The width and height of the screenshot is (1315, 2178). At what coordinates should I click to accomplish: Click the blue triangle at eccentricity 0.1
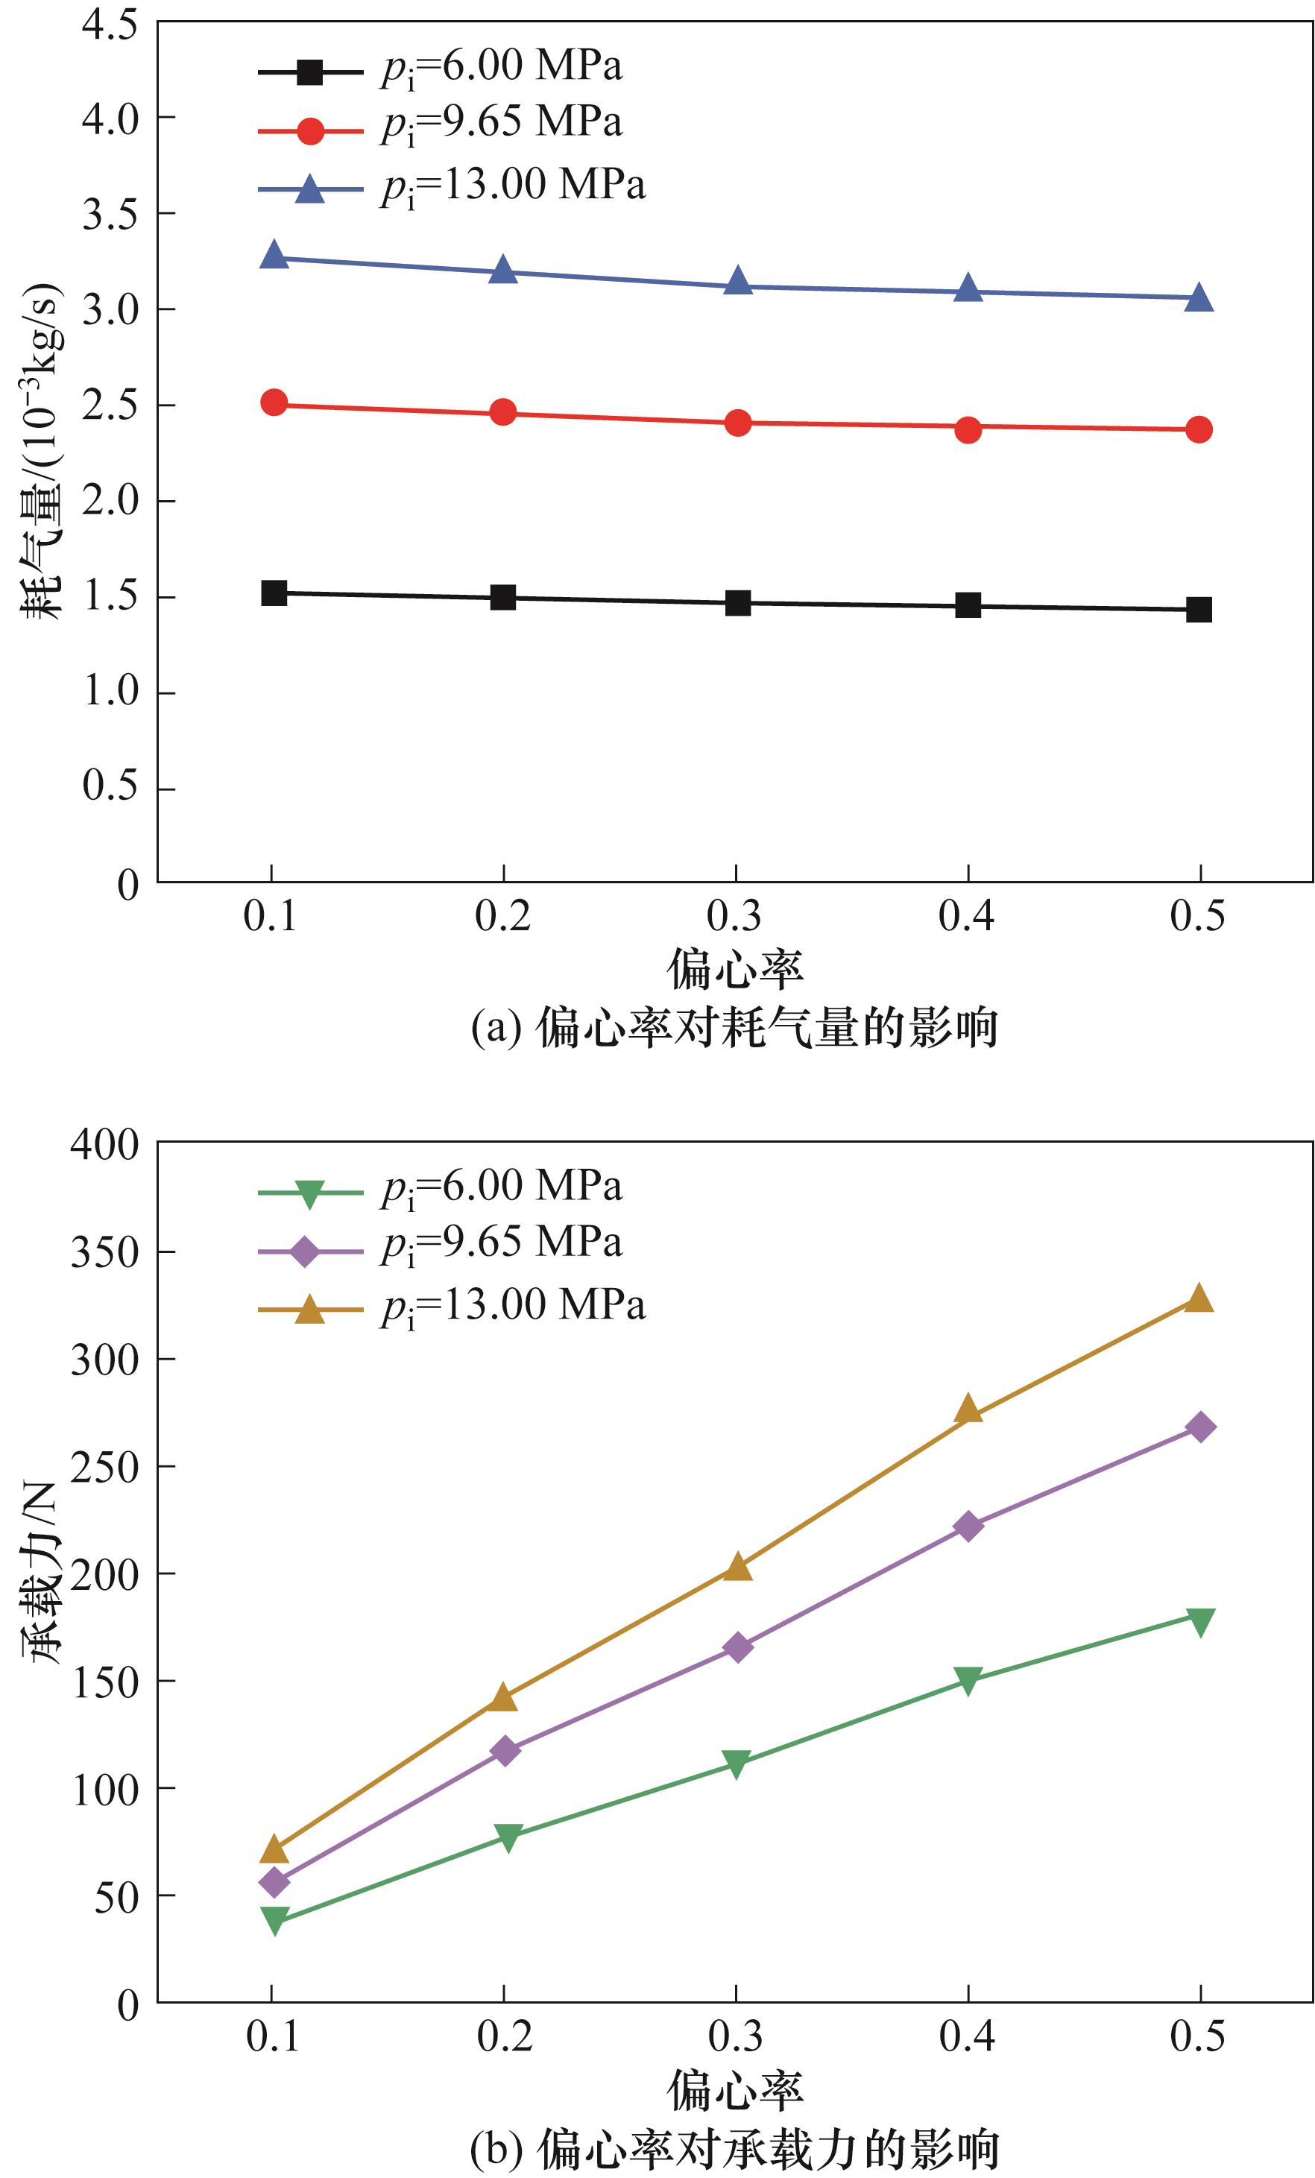click(274, 256)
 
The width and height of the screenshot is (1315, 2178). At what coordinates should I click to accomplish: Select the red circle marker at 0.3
click(737, 423)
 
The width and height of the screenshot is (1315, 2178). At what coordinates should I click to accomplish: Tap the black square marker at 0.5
click(1199, 609)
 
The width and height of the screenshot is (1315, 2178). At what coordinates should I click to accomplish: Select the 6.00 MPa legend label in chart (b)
click(502, 1187)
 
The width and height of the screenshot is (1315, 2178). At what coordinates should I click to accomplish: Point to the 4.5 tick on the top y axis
click(110, 25)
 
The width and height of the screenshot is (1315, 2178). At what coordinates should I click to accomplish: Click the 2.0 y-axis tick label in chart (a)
click(110, 501)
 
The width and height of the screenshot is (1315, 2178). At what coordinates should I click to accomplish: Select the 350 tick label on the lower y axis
click(104, 1252)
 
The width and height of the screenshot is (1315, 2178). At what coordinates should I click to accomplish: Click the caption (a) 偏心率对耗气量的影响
click(734, 1028)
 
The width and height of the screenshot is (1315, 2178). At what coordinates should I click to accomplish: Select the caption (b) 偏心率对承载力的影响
click(734, 2149)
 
